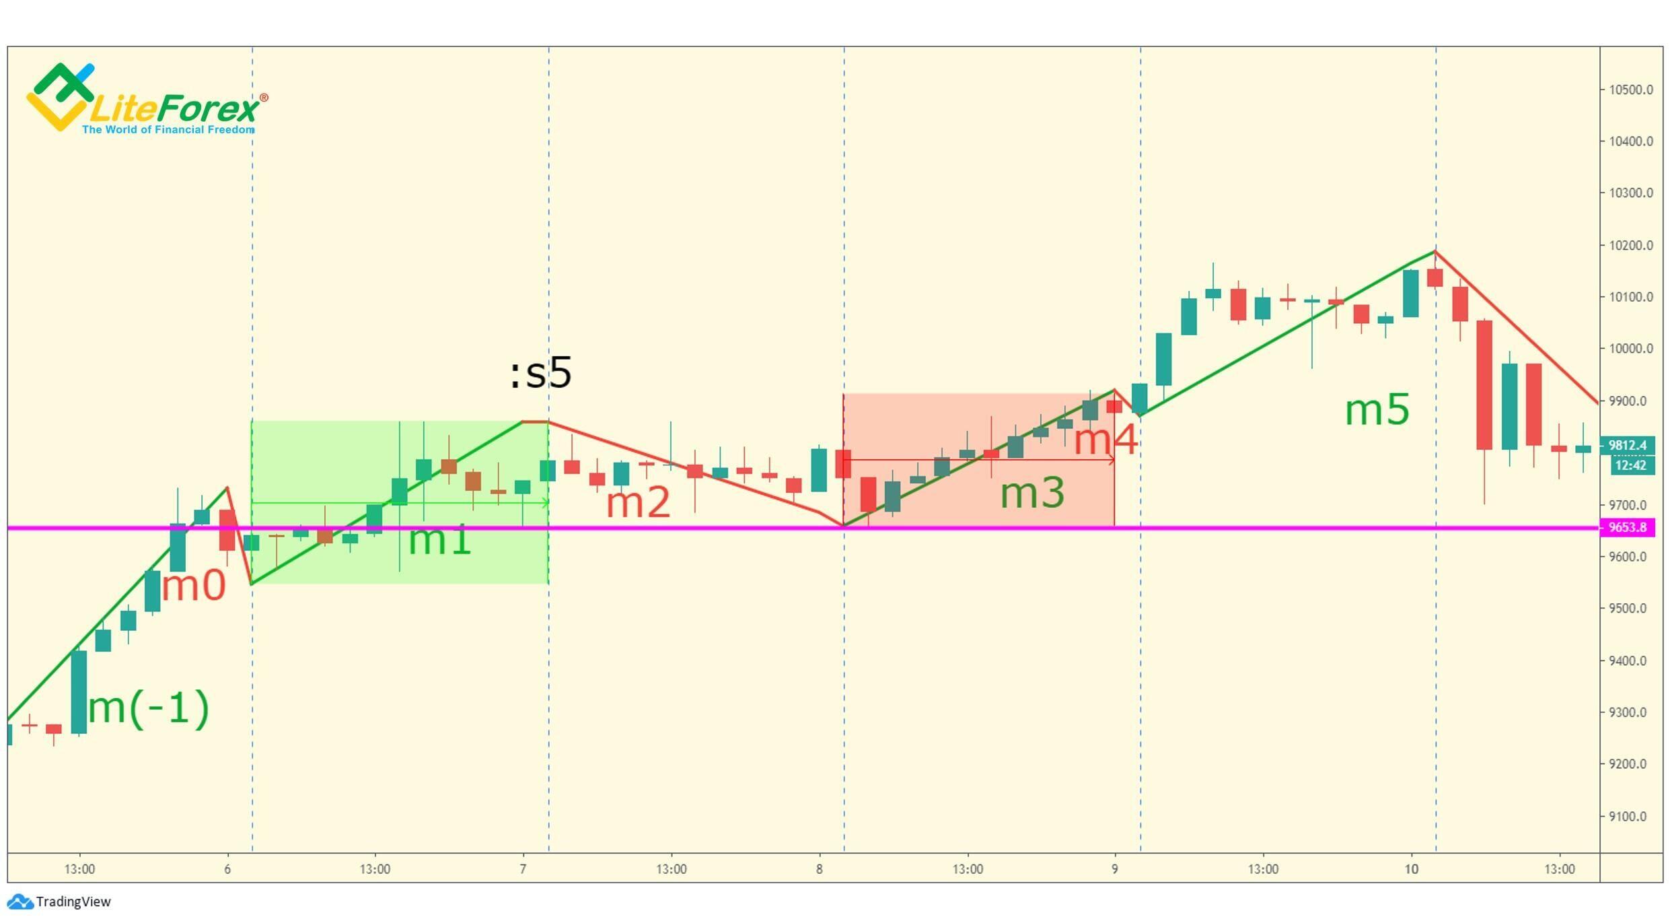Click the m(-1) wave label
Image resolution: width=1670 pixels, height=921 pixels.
tap(149, 708)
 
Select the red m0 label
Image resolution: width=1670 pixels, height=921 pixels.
tap(194, 586)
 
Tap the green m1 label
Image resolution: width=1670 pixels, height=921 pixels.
tap(439, 540)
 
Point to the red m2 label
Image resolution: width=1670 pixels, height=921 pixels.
tap(638, 503)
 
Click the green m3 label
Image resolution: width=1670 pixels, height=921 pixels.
tap(1032, 493)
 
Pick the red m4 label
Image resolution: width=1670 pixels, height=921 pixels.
tap(1105, 440)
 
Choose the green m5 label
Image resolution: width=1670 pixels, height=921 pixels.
tap(1377, 410)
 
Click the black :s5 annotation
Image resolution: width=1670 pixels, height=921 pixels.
tap(541, 373)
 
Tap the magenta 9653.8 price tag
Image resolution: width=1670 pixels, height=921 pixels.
tap(1627, 527)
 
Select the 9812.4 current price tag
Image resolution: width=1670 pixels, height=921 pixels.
tap(1627, 445)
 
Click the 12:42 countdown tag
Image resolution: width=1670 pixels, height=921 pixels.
tap(1630, 465)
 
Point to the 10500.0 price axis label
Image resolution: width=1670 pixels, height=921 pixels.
tap(1630, 90)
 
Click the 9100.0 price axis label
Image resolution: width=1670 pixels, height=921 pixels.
tap(1630, 817)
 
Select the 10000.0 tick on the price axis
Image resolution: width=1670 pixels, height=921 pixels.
tap(1630, 349)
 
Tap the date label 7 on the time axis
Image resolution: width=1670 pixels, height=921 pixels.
tap(523, 869)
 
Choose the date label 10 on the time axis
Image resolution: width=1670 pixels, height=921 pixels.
tap(1411, 869)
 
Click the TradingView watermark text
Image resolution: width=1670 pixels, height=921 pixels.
tap(73, 902)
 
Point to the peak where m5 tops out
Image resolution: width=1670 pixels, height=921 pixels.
tap(1435, 251)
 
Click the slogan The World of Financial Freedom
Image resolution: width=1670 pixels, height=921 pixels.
tap(168, 129)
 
